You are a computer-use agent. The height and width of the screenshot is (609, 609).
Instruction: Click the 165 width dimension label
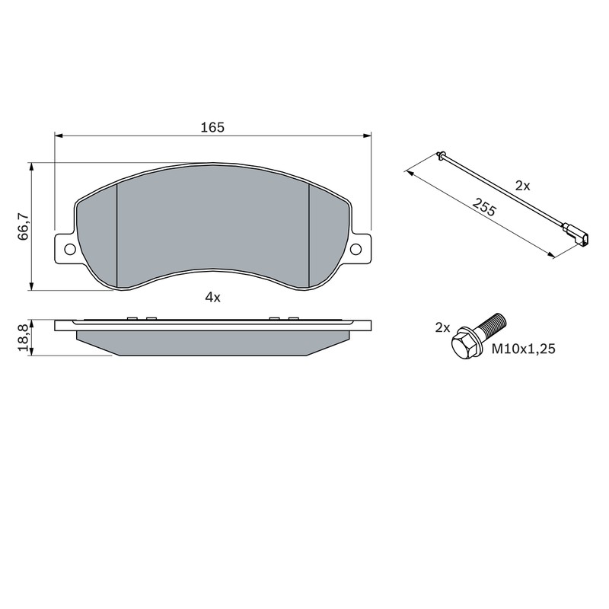click(x=212, y=127)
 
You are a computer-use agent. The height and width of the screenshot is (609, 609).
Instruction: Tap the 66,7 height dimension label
click(x=24, y=226)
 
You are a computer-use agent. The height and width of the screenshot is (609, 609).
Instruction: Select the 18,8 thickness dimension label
click(x=24, y=338)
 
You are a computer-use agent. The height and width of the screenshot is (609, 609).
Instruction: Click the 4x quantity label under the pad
click(x=212, y=298)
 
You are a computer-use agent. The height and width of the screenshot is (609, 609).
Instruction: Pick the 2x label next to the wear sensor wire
click(x=522, y=186)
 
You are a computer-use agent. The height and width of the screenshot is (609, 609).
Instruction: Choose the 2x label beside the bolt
click(x=442, y=328)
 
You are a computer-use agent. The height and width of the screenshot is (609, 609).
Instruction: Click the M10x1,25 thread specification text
click(x=524, y=349)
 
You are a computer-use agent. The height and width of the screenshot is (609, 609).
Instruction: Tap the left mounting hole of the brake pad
click(x=70, y=250)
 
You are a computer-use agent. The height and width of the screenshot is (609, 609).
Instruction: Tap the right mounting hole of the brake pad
click(x=356, y=250)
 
